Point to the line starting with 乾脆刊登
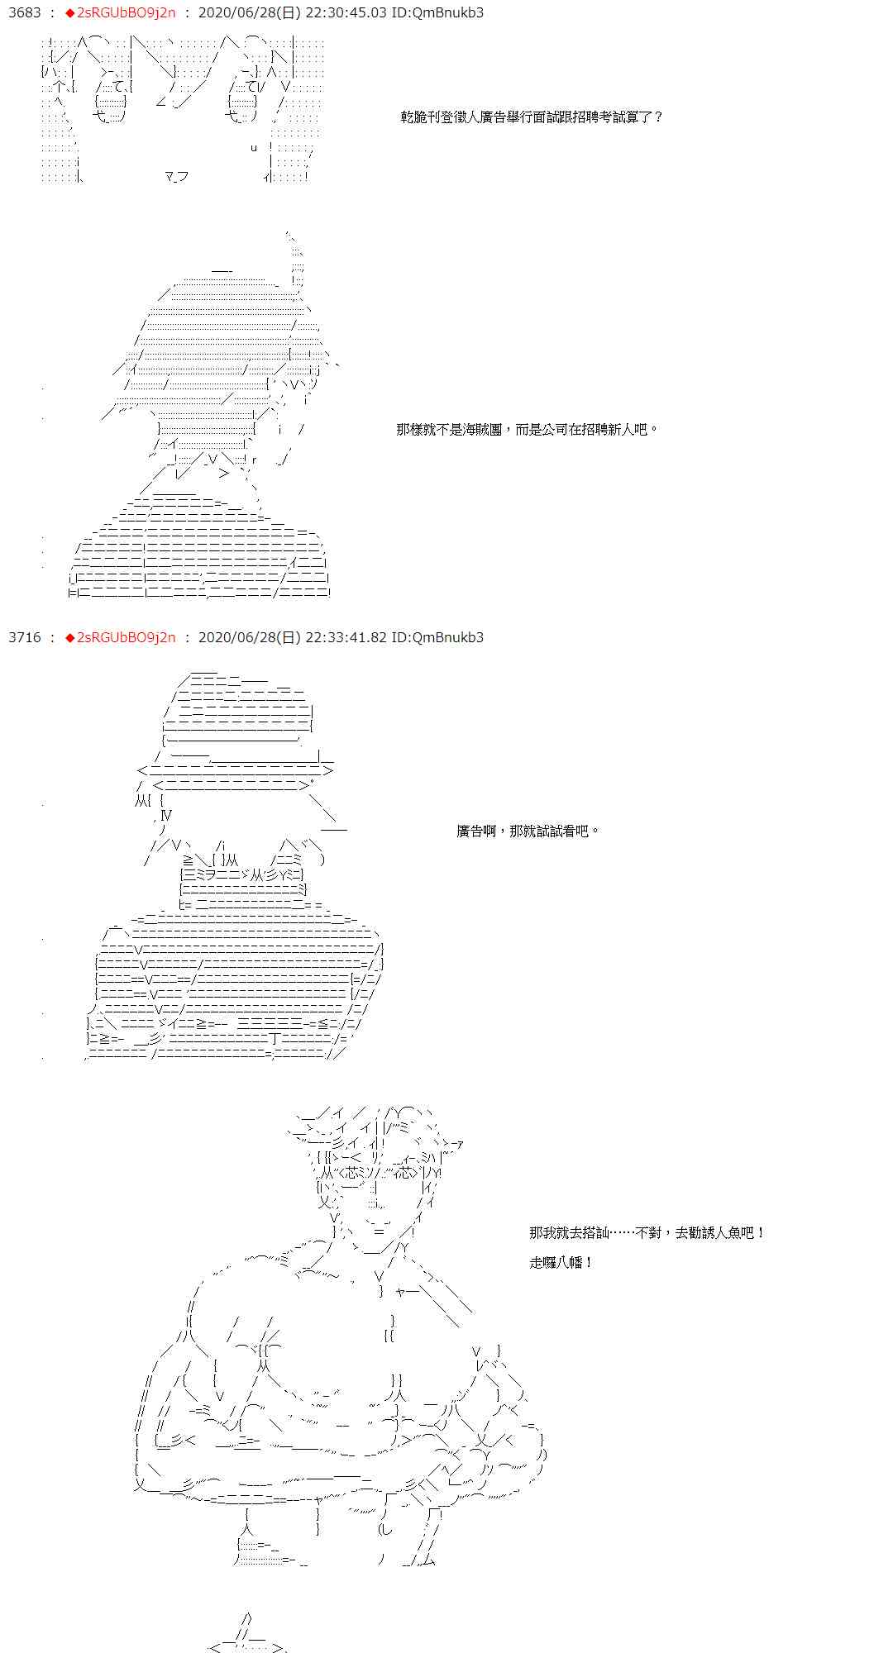coord(532,117)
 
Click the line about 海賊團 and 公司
coord(528,430)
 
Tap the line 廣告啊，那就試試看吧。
coord(528,831)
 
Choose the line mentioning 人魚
coord(647,1233)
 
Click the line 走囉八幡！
coord(561,1263)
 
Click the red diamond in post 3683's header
coord(70,13)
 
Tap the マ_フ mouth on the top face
coord(176,176)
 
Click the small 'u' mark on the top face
coord(254,148)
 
